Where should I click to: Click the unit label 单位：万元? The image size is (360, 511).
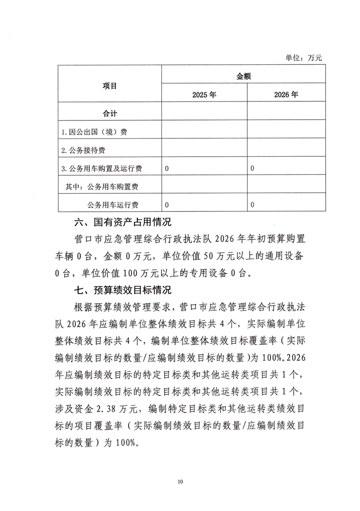[304, 58]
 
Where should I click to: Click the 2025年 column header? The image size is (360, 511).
[204, 95]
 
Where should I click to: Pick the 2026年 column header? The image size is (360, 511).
[286, 95]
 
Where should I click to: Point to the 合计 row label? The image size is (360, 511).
[110, 114]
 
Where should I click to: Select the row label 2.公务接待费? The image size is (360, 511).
[86, 150]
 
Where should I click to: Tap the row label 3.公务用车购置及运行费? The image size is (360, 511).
[101, 169]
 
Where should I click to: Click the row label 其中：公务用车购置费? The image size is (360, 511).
[106, 186]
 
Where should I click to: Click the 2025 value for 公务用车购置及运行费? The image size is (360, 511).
[167, 169]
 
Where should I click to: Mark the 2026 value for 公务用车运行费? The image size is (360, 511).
[252, 205]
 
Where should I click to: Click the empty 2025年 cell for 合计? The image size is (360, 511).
[204, 114]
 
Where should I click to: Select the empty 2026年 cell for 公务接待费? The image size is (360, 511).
[286, 150]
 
